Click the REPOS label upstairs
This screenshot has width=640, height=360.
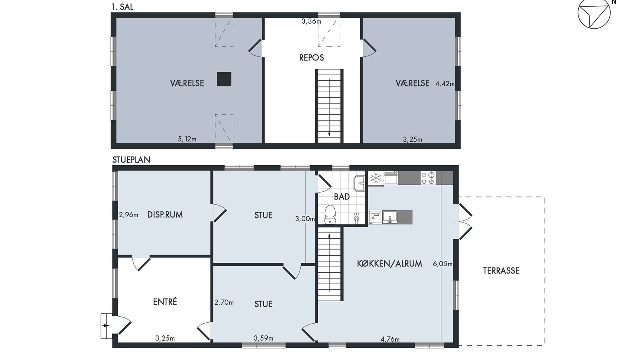coord(311,58)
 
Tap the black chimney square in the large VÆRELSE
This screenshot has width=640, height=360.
coord(224,79)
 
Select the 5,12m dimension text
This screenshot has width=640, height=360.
coord(187,139)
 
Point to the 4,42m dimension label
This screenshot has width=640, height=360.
coord(445,84)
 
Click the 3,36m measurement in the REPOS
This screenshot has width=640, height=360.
coord(311,21)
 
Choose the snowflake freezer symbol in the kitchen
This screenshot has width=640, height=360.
coord(376,178)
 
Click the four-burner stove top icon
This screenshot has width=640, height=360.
coord(428,178)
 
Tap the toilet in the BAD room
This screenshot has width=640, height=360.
coord(330,214)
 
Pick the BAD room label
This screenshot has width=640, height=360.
coord(342,197)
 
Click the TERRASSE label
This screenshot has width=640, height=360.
coord(501,271)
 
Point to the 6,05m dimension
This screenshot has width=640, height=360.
coord(443,264)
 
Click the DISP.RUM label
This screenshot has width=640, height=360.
coord(165,215)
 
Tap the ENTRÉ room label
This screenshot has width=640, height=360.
coord(165,302)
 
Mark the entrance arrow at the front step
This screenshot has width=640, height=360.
coord(106,326)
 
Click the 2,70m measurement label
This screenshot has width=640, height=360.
coord(224,302)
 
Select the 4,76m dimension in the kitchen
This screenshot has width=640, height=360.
coord(390,339)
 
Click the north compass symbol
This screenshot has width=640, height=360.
coord(594,13)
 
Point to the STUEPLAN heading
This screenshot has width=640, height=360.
coord(131,160)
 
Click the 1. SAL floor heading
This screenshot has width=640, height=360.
coord(122,7)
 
